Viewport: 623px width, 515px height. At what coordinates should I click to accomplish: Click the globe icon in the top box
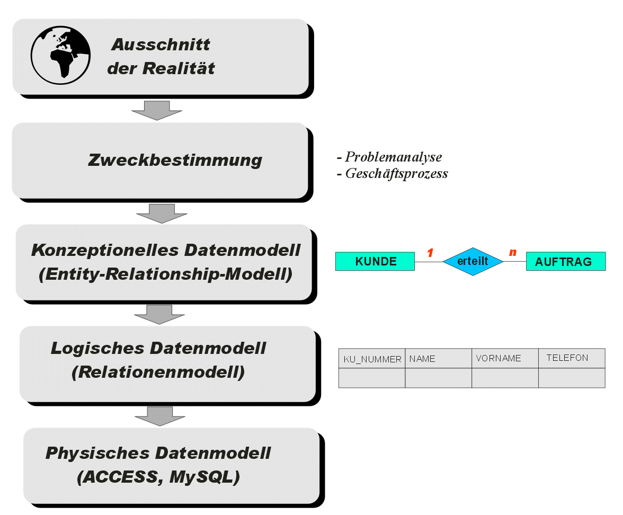click(x=60, y=55)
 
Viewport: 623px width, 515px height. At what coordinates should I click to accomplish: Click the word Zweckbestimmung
click(x=175, y=160)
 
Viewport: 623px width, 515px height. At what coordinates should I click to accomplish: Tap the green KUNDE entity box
click(x=375, y=262)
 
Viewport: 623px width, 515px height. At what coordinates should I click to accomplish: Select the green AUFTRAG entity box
click(x=566, y=262)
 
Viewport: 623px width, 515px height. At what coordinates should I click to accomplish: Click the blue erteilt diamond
click(x=473, y=261)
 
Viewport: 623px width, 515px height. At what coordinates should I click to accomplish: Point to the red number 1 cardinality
click(x=430, y=253)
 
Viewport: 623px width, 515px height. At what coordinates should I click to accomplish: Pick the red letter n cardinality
click(x=513, y=252)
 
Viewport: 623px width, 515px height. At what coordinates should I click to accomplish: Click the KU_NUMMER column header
click(x=372, y=359)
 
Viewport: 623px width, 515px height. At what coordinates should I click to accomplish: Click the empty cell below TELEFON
click(x=572, y=378)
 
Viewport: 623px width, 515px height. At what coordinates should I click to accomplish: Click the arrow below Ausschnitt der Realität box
click(x=157, y=110)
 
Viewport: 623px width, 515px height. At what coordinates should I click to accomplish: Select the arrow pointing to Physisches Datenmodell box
click(x=160, y=416)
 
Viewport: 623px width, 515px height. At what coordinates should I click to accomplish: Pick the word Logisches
click(x=97, y=349)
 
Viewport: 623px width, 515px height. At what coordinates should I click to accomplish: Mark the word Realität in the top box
click(x=179, y=68)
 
